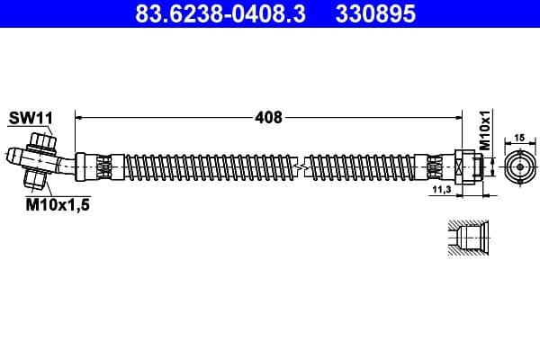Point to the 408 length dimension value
pos(269,117)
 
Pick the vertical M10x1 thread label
pos(483,131)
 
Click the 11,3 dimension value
pos(441,191)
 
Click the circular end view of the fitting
pos(519,166)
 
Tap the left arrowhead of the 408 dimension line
pos(79,117)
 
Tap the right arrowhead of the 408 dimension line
pos(459,117)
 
